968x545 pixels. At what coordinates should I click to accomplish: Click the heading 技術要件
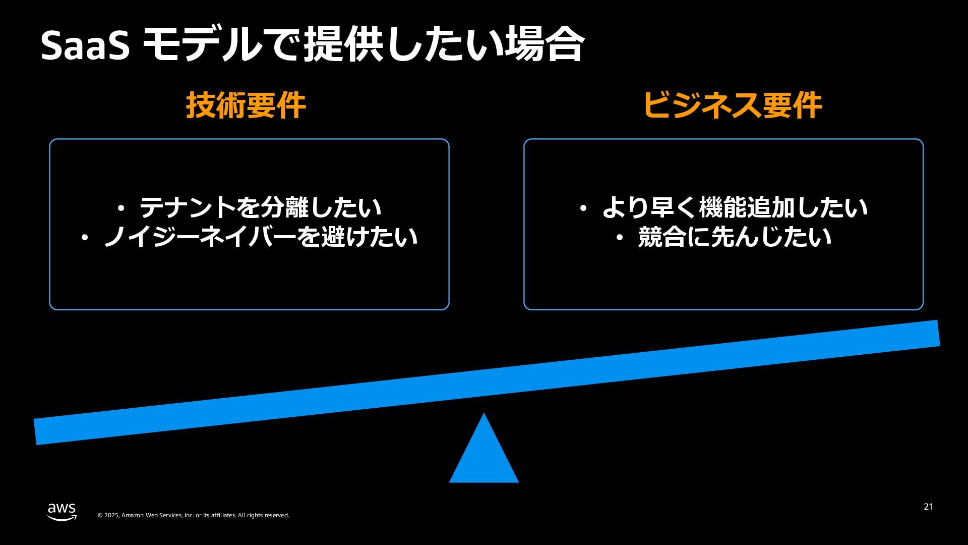point(246,106)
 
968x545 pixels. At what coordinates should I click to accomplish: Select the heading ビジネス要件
point(732,106)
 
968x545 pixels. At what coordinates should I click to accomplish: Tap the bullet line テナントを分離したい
point(260,207)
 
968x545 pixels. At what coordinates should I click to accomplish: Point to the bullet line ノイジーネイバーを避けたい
point(260,237)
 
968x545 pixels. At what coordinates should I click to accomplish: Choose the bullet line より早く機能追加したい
point(734,207)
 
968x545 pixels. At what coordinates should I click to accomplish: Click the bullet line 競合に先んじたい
point(734,237)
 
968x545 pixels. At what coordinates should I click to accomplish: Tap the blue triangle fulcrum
point(484,454)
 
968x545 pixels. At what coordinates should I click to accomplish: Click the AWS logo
point(62,511)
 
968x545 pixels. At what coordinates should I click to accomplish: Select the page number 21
point(928,507)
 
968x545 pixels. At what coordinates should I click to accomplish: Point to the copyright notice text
point(193,515)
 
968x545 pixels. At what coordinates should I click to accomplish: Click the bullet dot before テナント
point(121,207)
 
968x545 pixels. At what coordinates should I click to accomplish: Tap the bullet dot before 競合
point(620,237)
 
